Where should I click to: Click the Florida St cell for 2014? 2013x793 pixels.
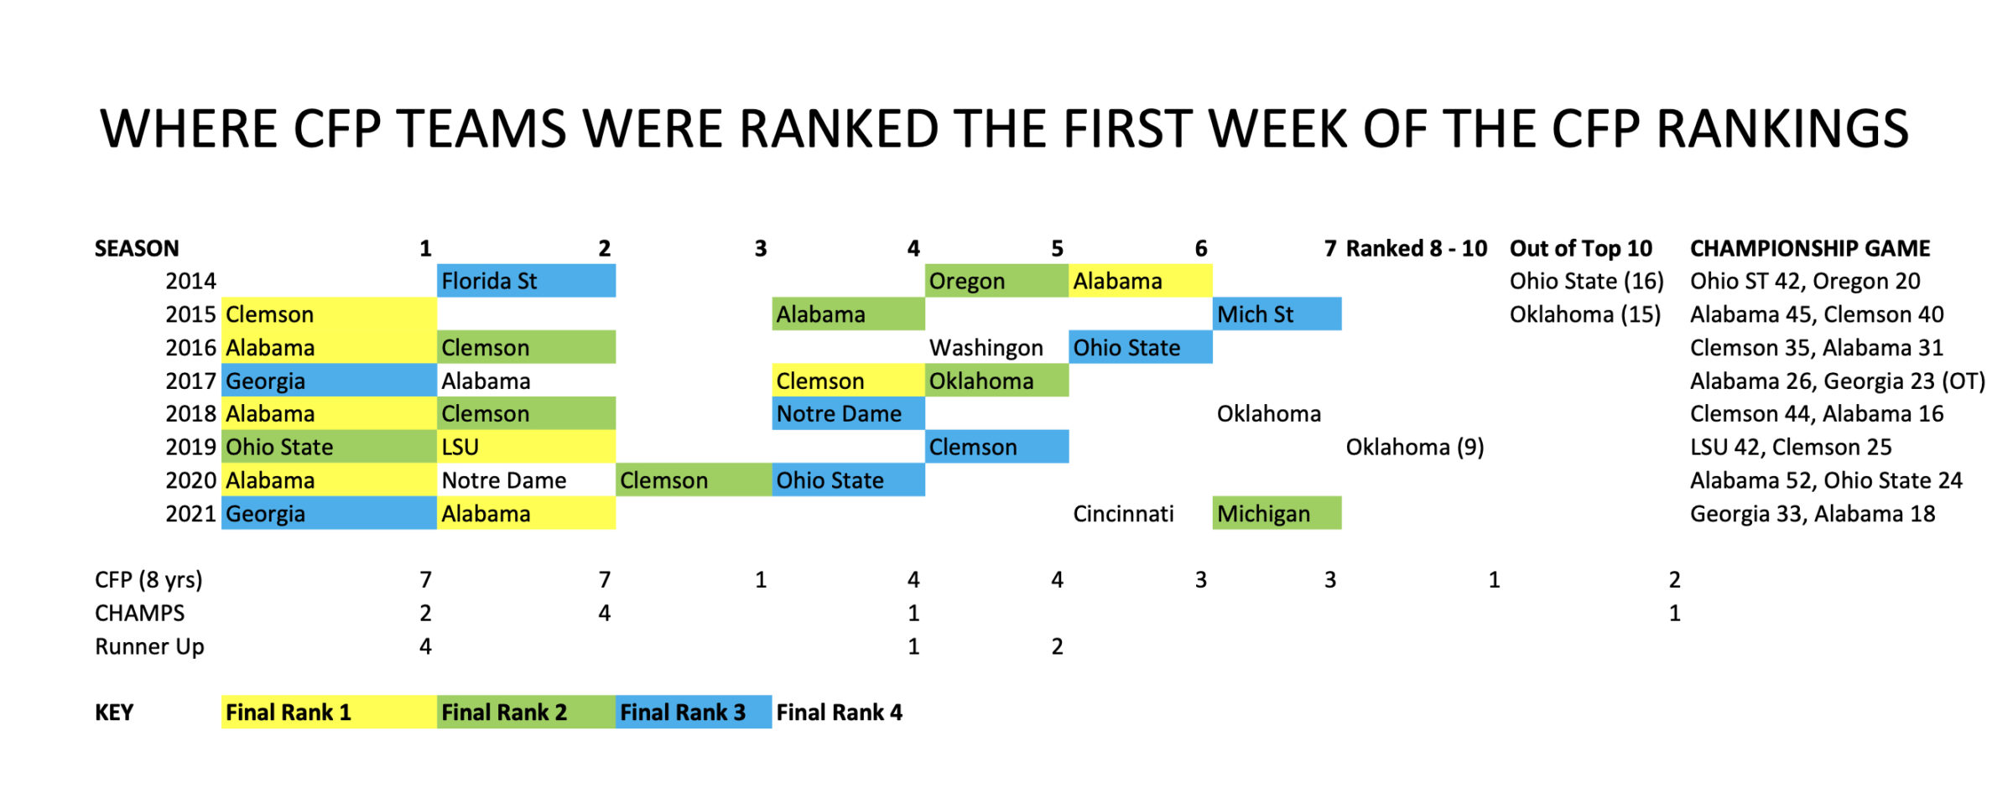pos(526,281)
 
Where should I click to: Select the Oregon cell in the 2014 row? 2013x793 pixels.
pos(996,281)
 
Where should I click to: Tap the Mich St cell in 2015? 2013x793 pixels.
pos(1277,314)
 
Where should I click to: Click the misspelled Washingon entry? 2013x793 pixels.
pos(986,348)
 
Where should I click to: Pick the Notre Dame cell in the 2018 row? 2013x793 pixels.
pos(848,413)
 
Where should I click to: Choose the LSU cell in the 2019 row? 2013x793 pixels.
pos(526,447)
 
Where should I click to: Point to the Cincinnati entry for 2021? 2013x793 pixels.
pos(1123,514)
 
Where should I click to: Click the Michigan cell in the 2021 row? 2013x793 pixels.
pos(1277,513)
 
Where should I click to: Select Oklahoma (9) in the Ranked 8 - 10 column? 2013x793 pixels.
pos(1415,448)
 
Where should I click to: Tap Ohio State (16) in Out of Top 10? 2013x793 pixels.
pos(1586,282)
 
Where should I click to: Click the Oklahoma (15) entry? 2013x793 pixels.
pos(1585,315)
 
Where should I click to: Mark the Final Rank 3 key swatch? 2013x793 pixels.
pos(694,712)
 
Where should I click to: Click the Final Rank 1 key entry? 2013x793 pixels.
pos(329,712)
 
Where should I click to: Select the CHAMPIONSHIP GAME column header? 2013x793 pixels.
pos(1810,248)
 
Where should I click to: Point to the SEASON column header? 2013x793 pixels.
pos(137,248)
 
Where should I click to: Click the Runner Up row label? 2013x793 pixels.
pos(149,647)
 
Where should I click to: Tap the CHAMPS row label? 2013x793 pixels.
pos(139,613)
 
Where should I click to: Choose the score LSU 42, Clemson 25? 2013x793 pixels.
pos(1791,448)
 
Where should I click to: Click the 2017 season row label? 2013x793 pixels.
pos(190,381)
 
